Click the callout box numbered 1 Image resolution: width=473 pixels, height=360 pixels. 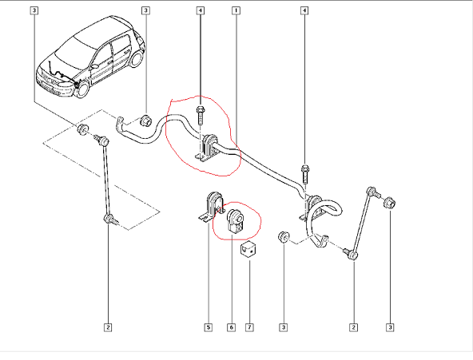click(236, 10)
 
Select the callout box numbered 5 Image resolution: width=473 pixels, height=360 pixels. click(209, 327)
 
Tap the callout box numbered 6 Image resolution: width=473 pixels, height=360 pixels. click(232, 327)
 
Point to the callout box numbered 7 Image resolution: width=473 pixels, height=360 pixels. click(249, 327)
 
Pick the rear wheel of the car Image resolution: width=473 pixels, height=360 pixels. click(137, 59)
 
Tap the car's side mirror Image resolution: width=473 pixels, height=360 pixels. click(94, 65)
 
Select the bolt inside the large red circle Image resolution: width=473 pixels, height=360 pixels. click(200, 115)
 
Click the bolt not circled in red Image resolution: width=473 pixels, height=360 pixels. click(305, 174)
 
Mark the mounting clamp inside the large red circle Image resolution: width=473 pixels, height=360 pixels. click(207, 148)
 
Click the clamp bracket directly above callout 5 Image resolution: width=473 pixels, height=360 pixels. click(211, 206)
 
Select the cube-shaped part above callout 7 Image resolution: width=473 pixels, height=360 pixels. click(248, 249)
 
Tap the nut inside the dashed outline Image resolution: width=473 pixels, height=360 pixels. click(81, 129)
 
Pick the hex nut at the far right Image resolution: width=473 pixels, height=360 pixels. click(389, 203)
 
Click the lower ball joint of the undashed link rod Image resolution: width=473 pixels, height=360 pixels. click(351, 255)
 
